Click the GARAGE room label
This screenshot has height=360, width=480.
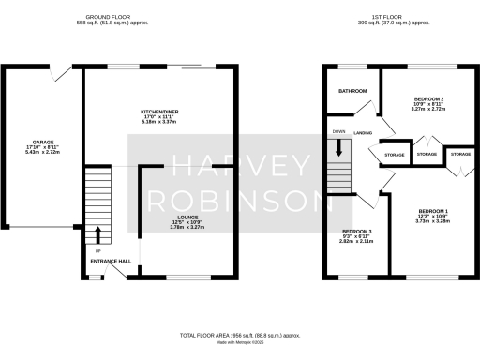pos(39,143)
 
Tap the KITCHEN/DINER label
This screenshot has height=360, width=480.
pos(154,112)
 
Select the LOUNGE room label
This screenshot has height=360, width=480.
pos(187,217)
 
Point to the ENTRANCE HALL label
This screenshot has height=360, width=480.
pos(97,262)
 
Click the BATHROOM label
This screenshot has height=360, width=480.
pos(352,91)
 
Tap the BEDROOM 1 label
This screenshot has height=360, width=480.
pos(433,211)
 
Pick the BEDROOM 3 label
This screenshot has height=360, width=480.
pos(356,232)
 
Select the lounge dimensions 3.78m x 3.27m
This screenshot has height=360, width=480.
pos(187,228)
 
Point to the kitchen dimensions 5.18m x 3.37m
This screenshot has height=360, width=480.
pos(154,122)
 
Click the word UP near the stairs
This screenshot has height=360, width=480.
pos(97,250)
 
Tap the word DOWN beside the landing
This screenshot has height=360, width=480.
pos(338,132)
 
